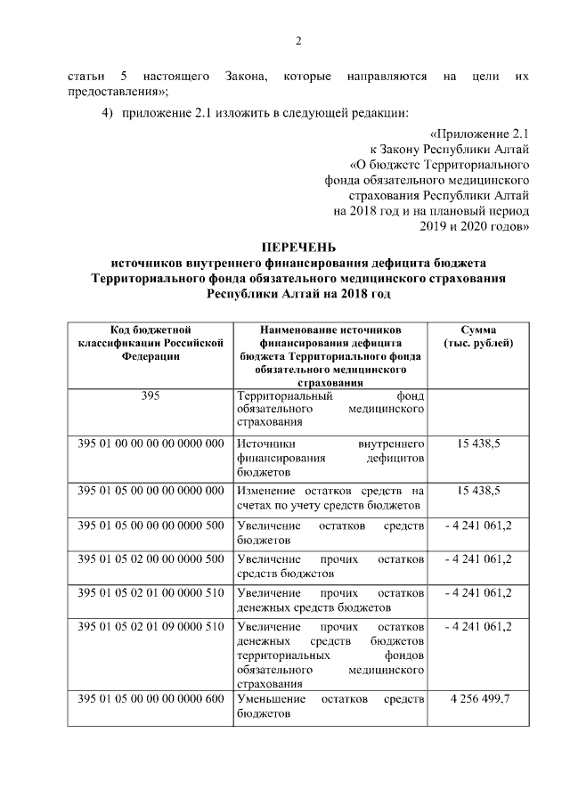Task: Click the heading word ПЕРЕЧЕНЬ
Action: (299, 247)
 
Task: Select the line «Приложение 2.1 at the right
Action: (480, 133)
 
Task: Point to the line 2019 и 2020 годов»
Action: (474, 226)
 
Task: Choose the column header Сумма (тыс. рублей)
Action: (479, 336)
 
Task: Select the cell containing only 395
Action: (151, 395)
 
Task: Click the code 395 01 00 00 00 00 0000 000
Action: (151, 443)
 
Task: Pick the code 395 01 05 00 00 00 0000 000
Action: (151, 491)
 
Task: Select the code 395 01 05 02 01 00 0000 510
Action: (151, 593)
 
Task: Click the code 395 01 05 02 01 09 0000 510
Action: (151, 627)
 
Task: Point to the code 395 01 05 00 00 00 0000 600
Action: (151, 699)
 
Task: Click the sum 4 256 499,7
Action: (479, 699)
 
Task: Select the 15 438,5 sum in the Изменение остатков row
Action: (479, 491)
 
